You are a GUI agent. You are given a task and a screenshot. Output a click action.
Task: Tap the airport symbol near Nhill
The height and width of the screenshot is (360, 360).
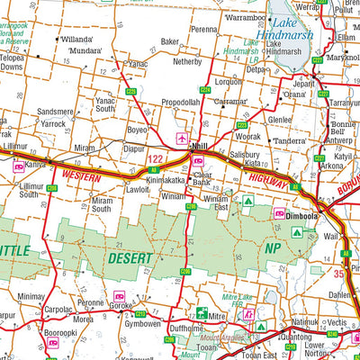[184, 139]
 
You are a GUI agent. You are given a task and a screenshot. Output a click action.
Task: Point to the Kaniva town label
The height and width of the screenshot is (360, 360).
[36, 165]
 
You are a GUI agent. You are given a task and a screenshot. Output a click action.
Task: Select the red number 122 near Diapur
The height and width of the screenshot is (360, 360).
[154, 159]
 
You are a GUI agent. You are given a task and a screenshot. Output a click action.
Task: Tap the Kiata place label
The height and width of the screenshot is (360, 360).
[254, 165]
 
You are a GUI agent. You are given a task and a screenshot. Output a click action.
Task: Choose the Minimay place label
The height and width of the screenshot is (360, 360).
[31, 295]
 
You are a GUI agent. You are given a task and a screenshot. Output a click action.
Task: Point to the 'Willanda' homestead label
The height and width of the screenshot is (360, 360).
[77, 40]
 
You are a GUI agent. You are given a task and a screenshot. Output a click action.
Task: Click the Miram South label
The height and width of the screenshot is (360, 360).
[103, 204]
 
